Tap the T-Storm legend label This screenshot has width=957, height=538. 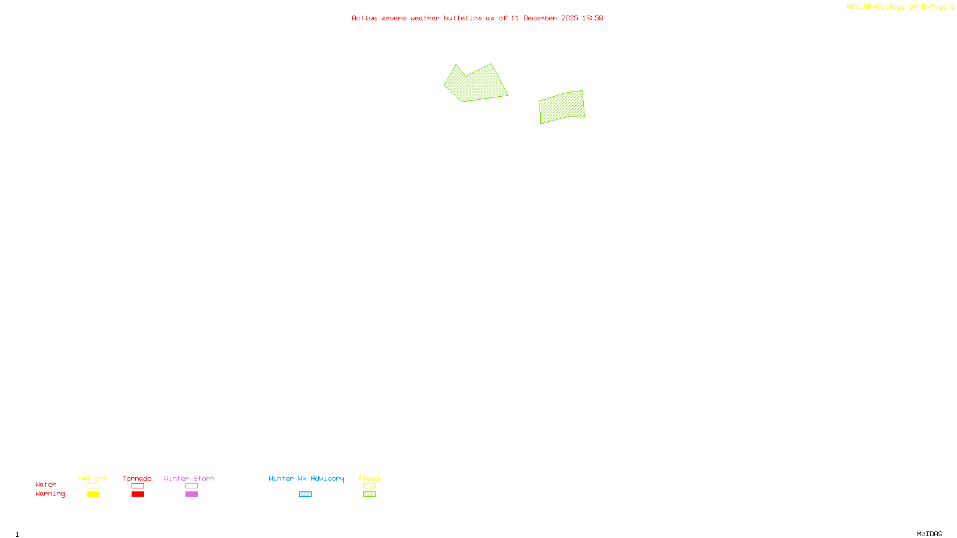click(x=92, y=478)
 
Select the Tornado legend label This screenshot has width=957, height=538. click(x=137, y=478)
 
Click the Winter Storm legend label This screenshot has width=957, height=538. click(x=189, y=478)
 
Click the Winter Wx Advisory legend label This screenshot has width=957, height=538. click(x=306, y=478)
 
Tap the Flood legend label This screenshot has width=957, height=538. click(x=369, y=478)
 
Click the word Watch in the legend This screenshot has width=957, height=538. click(x=46, y=484)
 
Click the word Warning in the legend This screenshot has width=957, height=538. click(x=50, y=494)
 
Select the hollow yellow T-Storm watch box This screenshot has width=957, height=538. click(x=93, y=486)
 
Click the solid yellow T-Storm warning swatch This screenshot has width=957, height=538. click(x=93, y=494)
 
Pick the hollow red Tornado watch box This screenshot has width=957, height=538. click(x=138, y=486)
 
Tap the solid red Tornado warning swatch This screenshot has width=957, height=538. click(x=138, y=494)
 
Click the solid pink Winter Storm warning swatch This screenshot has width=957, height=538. click(x=191, y=494)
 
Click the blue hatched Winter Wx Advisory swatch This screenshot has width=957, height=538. click(x=305, y=494)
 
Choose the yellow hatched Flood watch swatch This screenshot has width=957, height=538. click(x=369, y=486)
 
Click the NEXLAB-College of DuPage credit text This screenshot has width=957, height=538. click(x=897, y=7)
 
